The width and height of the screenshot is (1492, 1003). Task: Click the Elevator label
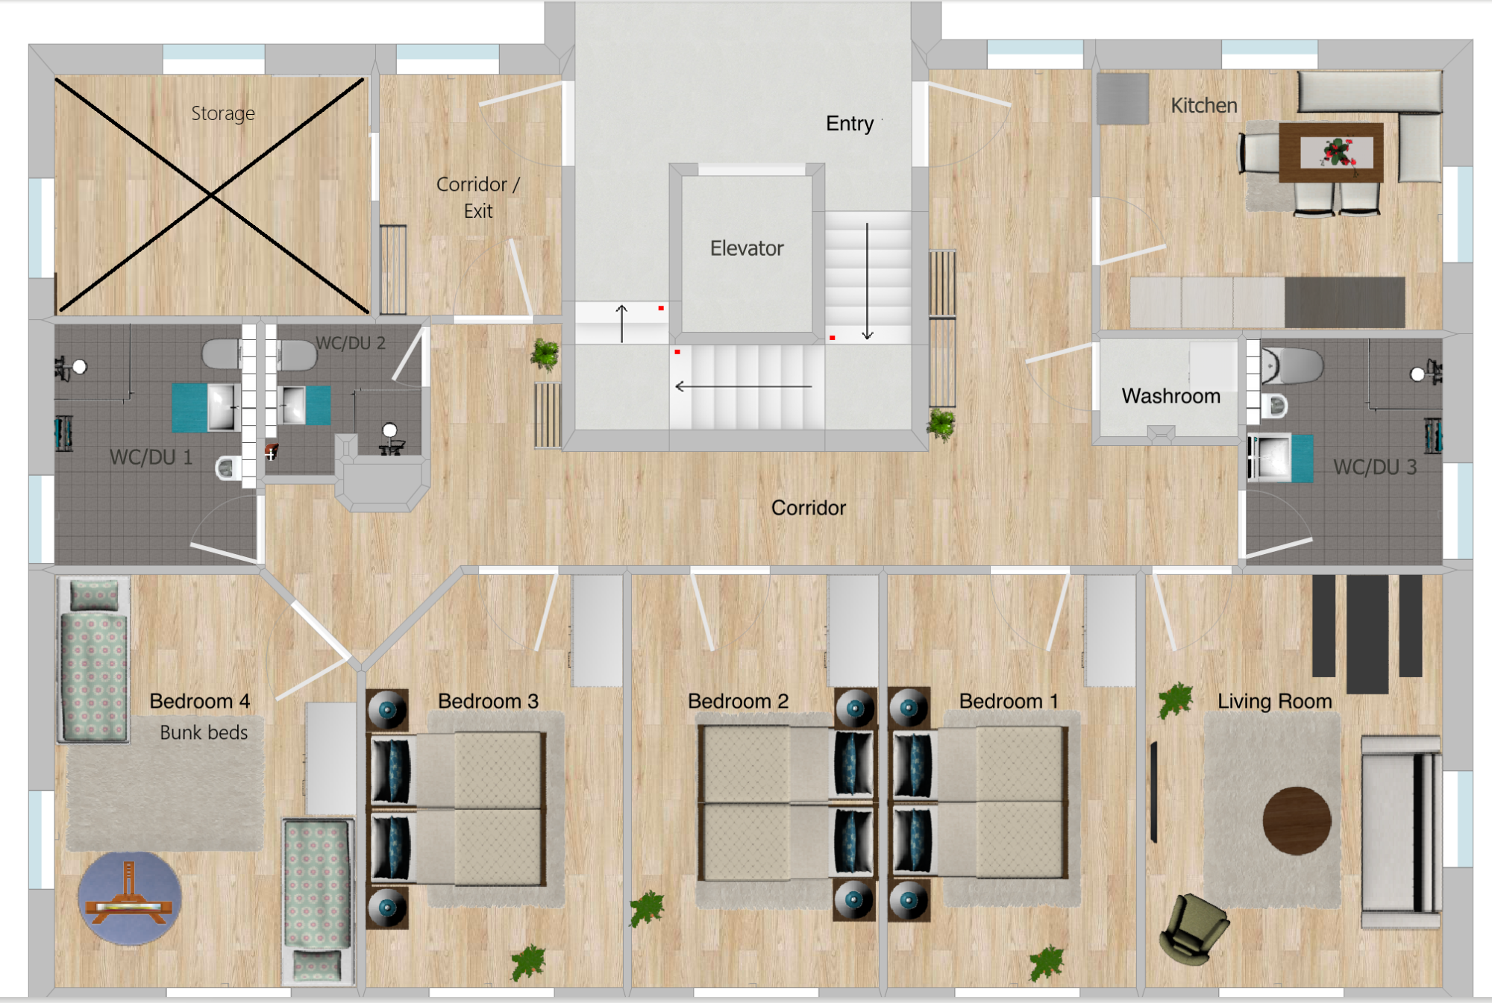[747, 248]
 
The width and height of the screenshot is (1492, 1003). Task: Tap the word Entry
[850, 124]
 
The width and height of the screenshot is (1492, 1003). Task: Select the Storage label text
[223, 113]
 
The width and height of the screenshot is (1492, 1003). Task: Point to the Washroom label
[1171, 396]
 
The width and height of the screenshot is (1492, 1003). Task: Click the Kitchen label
[1204, 106]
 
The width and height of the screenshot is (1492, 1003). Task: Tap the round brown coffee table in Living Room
[1297, 821]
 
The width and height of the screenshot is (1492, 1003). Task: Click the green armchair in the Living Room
[1193, 929]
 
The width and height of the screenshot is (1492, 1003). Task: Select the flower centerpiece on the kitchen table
[1338, 152]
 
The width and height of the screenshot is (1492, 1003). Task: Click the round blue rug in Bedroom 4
[130, 899]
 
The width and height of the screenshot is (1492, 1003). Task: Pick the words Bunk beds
[204, 733]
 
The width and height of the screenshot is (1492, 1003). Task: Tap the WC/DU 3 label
[1375, 468]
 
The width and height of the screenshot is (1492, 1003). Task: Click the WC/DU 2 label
[351, 343]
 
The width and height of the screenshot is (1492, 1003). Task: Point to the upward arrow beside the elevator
[621, 323]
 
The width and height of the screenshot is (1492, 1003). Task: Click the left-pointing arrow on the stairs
[743, 386]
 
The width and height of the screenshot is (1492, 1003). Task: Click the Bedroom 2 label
[738, 702]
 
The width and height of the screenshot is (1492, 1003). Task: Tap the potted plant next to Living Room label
[1175, 701]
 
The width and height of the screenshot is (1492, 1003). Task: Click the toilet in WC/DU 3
[1291, 366]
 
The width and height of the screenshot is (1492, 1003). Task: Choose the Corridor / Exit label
[478, 198]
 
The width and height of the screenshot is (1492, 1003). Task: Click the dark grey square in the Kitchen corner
[1123, 98]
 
